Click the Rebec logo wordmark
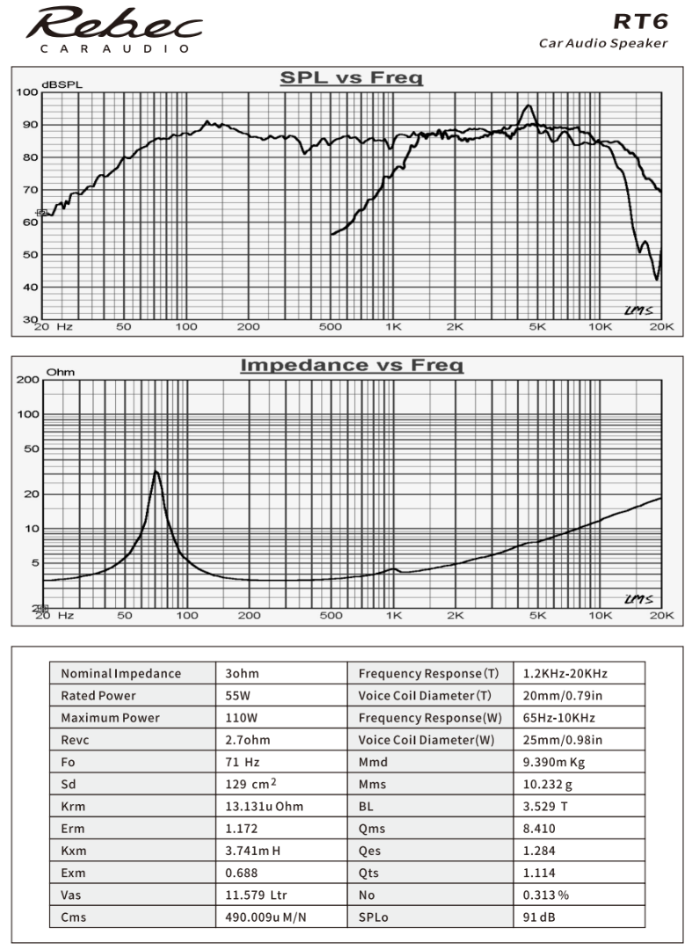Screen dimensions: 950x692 [113, 24]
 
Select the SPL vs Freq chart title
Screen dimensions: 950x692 [351, 78]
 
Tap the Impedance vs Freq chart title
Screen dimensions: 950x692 [351, 364]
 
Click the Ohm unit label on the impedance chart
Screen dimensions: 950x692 [60, 372]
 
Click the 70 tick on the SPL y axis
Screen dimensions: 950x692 [29, 190]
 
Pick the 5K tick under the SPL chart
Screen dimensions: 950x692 [537, 326]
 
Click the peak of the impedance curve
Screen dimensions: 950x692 [156, 471]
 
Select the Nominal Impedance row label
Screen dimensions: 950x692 [120, 674]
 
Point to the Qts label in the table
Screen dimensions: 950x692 [370, 873]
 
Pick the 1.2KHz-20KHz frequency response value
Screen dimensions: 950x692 [564, 674]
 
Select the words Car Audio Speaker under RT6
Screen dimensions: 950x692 [603, 43]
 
